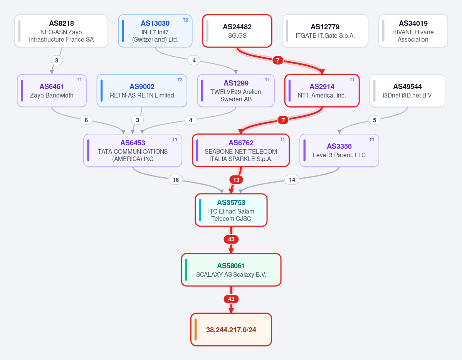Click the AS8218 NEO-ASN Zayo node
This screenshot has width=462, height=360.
tap(61, 31)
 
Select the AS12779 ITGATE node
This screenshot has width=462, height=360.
tap(325, 31)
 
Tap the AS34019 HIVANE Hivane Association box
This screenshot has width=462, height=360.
tap(413, 31)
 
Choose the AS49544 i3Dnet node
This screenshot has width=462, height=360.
tap(407, 91)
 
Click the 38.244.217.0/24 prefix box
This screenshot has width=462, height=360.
tap(231, 330)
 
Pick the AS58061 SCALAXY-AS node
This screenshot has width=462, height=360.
tap(231, 270)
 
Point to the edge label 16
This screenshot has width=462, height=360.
tap(176, 180)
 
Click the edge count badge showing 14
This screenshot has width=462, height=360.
tap(292, 180)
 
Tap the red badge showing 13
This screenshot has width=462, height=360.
tap(236, 180)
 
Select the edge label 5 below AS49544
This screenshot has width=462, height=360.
tap(375, 120)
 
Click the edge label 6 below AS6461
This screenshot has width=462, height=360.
tap(86, 120)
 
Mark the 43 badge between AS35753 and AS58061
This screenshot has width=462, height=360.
tap(231, 239)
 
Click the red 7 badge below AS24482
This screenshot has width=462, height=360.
tap(277, 61)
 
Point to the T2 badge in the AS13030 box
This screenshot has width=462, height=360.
tap(185, 20)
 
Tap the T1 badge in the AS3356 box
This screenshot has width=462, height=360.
tap(371, 140)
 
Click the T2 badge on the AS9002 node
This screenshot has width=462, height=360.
tap(180, 80)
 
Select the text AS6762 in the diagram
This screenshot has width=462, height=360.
tap(241, 143)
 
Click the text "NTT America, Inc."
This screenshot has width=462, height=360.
tap(322, 95)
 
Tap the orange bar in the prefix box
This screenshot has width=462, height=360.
tap(196, 329)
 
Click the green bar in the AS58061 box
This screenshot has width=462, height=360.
tap(186, 269)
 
